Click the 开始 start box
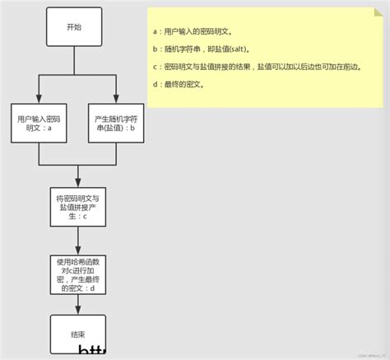(74, 26)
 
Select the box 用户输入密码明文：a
(39, 123)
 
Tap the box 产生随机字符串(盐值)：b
(115, 123)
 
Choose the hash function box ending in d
(77, 275)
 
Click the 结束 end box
(77, 334)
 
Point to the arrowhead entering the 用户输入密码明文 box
(39, 99)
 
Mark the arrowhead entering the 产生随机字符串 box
(115, 99)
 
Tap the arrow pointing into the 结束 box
(77, 310)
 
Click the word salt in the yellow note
(235, 49)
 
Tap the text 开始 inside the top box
(74, 26)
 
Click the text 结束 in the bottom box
(77, 334)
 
